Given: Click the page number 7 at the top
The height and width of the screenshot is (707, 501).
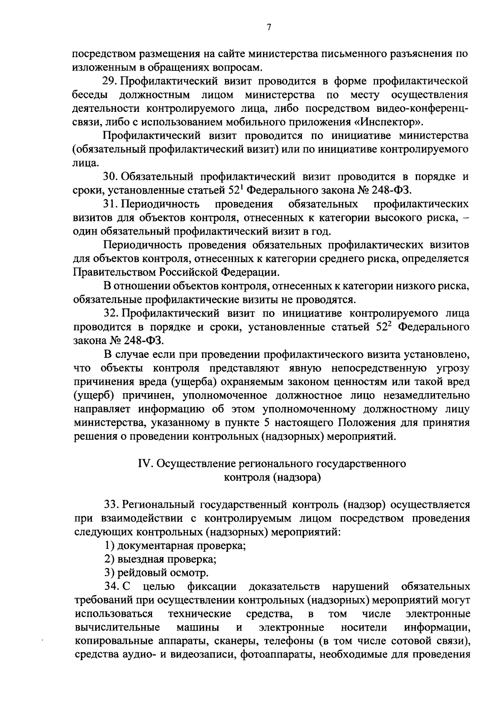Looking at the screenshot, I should (x=269, y=28).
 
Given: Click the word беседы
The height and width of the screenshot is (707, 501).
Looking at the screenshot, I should (x=92, y=95).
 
